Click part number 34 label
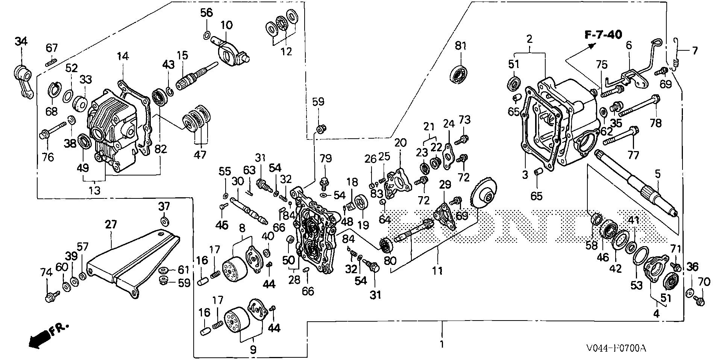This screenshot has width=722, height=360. click(21, 42)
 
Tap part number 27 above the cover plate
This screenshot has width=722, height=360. click(111, 225)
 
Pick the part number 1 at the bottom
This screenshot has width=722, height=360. click(442, 344)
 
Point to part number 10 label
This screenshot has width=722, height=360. click(226, 25)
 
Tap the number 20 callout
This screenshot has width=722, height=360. click(400, 143)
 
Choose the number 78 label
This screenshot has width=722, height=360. click(655, 123)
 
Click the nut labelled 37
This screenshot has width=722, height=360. click(164, 220)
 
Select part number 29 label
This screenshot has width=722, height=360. click(445, 185)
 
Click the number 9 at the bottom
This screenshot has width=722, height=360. click(253, 350)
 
